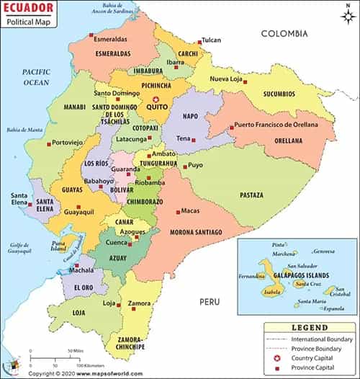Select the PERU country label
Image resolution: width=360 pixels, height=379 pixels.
coord(210,300)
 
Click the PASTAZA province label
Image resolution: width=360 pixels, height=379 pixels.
coord(251,195)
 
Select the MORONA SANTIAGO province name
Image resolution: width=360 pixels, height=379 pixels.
coord(196,232)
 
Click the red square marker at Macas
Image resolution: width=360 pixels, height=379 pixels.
coord(178,211)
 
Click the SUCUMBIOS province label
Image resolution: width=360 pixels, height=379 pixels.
coord(279,94)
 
